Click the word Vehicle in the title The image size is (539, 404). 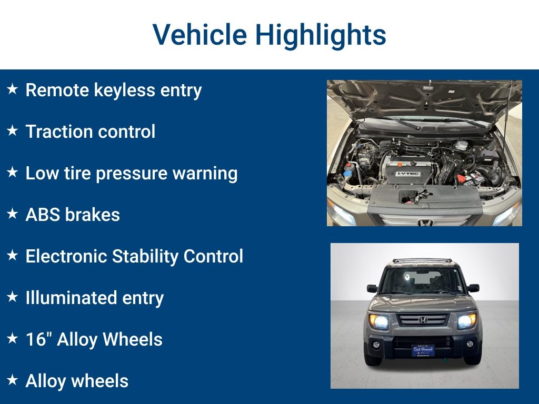pyautogui.click(x=199, y=34)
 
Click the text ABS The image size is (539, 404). pyautogui.click(x=43, y=215)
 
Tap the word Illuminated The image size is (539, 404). pyautogui.click(x=71, y=298)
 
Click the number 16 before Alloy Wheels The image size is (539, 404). pyautogui.click(x=36, y=339)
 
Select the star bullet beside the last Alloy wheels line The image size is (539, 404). pyautogui.click(x=13, y=380)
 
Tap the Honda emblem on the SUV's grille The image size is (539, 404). pyautogui.click(x=423, y=320)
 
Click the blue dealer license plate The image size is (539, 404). pyautogui.click(x=423, y=351)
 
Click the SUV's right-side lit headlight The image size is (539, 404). pyautogui.click(x=467, y=321)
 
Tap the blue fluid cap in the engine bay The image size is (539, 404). pyautogui.click(x=347, y=173)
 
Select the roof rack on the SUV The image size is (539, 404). pyautogui.click(x=422, y=260)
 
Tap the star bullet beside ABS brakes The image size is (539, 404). pyautogui.click(x=13, y=214)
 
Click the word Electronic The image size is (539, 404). pyautogui.click(x=66, y=256)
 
